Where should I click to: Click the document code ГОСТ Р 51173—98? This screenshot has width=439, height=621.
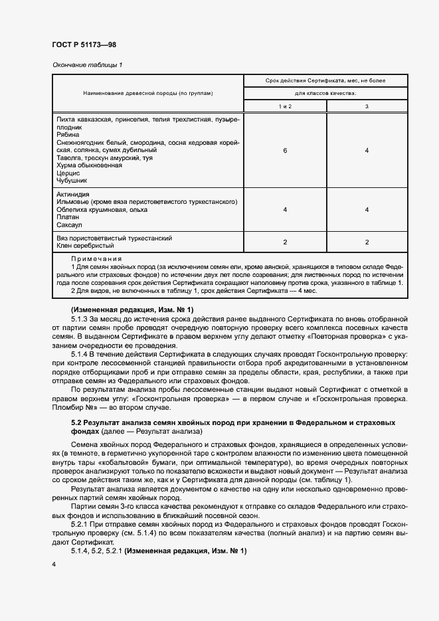point(84,44)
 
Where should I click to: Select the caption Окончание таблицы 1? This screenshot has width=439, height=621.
point(86,64)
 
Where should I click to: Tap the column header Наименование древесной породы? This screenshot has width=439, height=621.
point(148,93)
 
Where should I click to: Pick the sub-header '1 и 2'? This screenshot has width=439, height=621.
point(285,106)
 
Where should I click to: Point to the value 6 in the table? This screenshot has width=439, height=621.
point(285,151)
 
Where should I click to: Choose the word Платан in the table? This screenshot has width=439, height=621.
point(68,217)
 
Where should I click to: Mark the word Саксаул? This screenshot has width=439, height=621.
point(69,225)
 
